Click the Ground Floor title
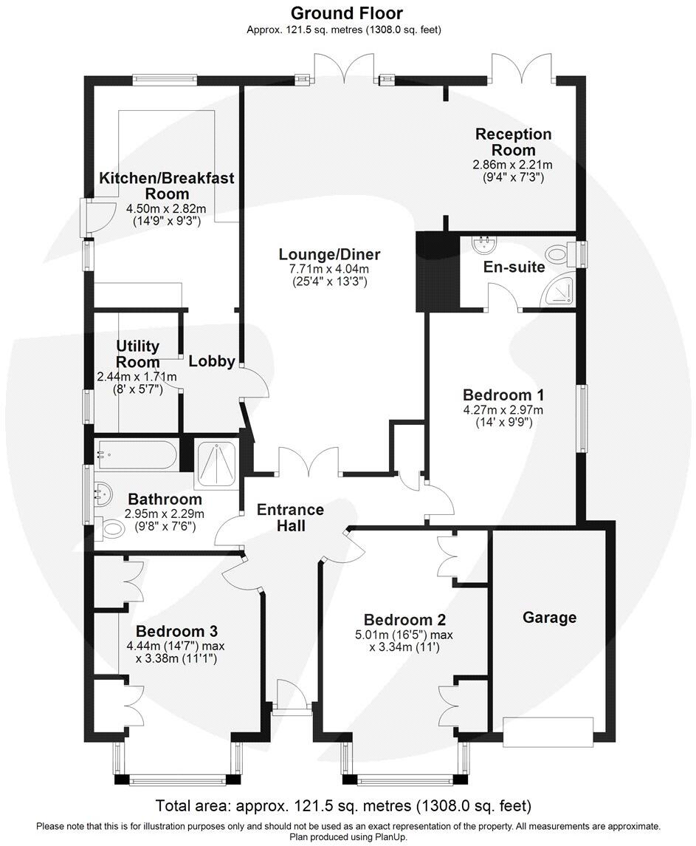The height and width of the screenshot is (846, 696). pos(346,13)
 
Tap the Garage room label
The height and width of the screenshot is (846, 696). pos(549,617)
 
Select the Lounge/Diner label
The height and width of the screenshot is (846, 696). pos(329,254)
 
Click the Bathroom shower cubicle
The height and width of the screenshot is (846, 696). pos(216,464)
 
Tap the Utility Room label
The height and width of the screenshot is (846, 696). pos(137,354)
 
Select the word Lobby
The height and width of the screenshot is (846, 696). pos(212,361)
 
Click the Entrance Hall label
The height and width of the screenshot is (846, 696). pos(290,517)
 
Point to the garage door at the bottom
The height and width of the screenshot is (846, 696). pos(548,730)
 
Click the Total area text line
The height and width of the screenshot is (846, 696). pos(342,805)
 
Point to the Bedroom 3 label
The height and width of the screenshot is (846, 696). pos(176,631)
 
